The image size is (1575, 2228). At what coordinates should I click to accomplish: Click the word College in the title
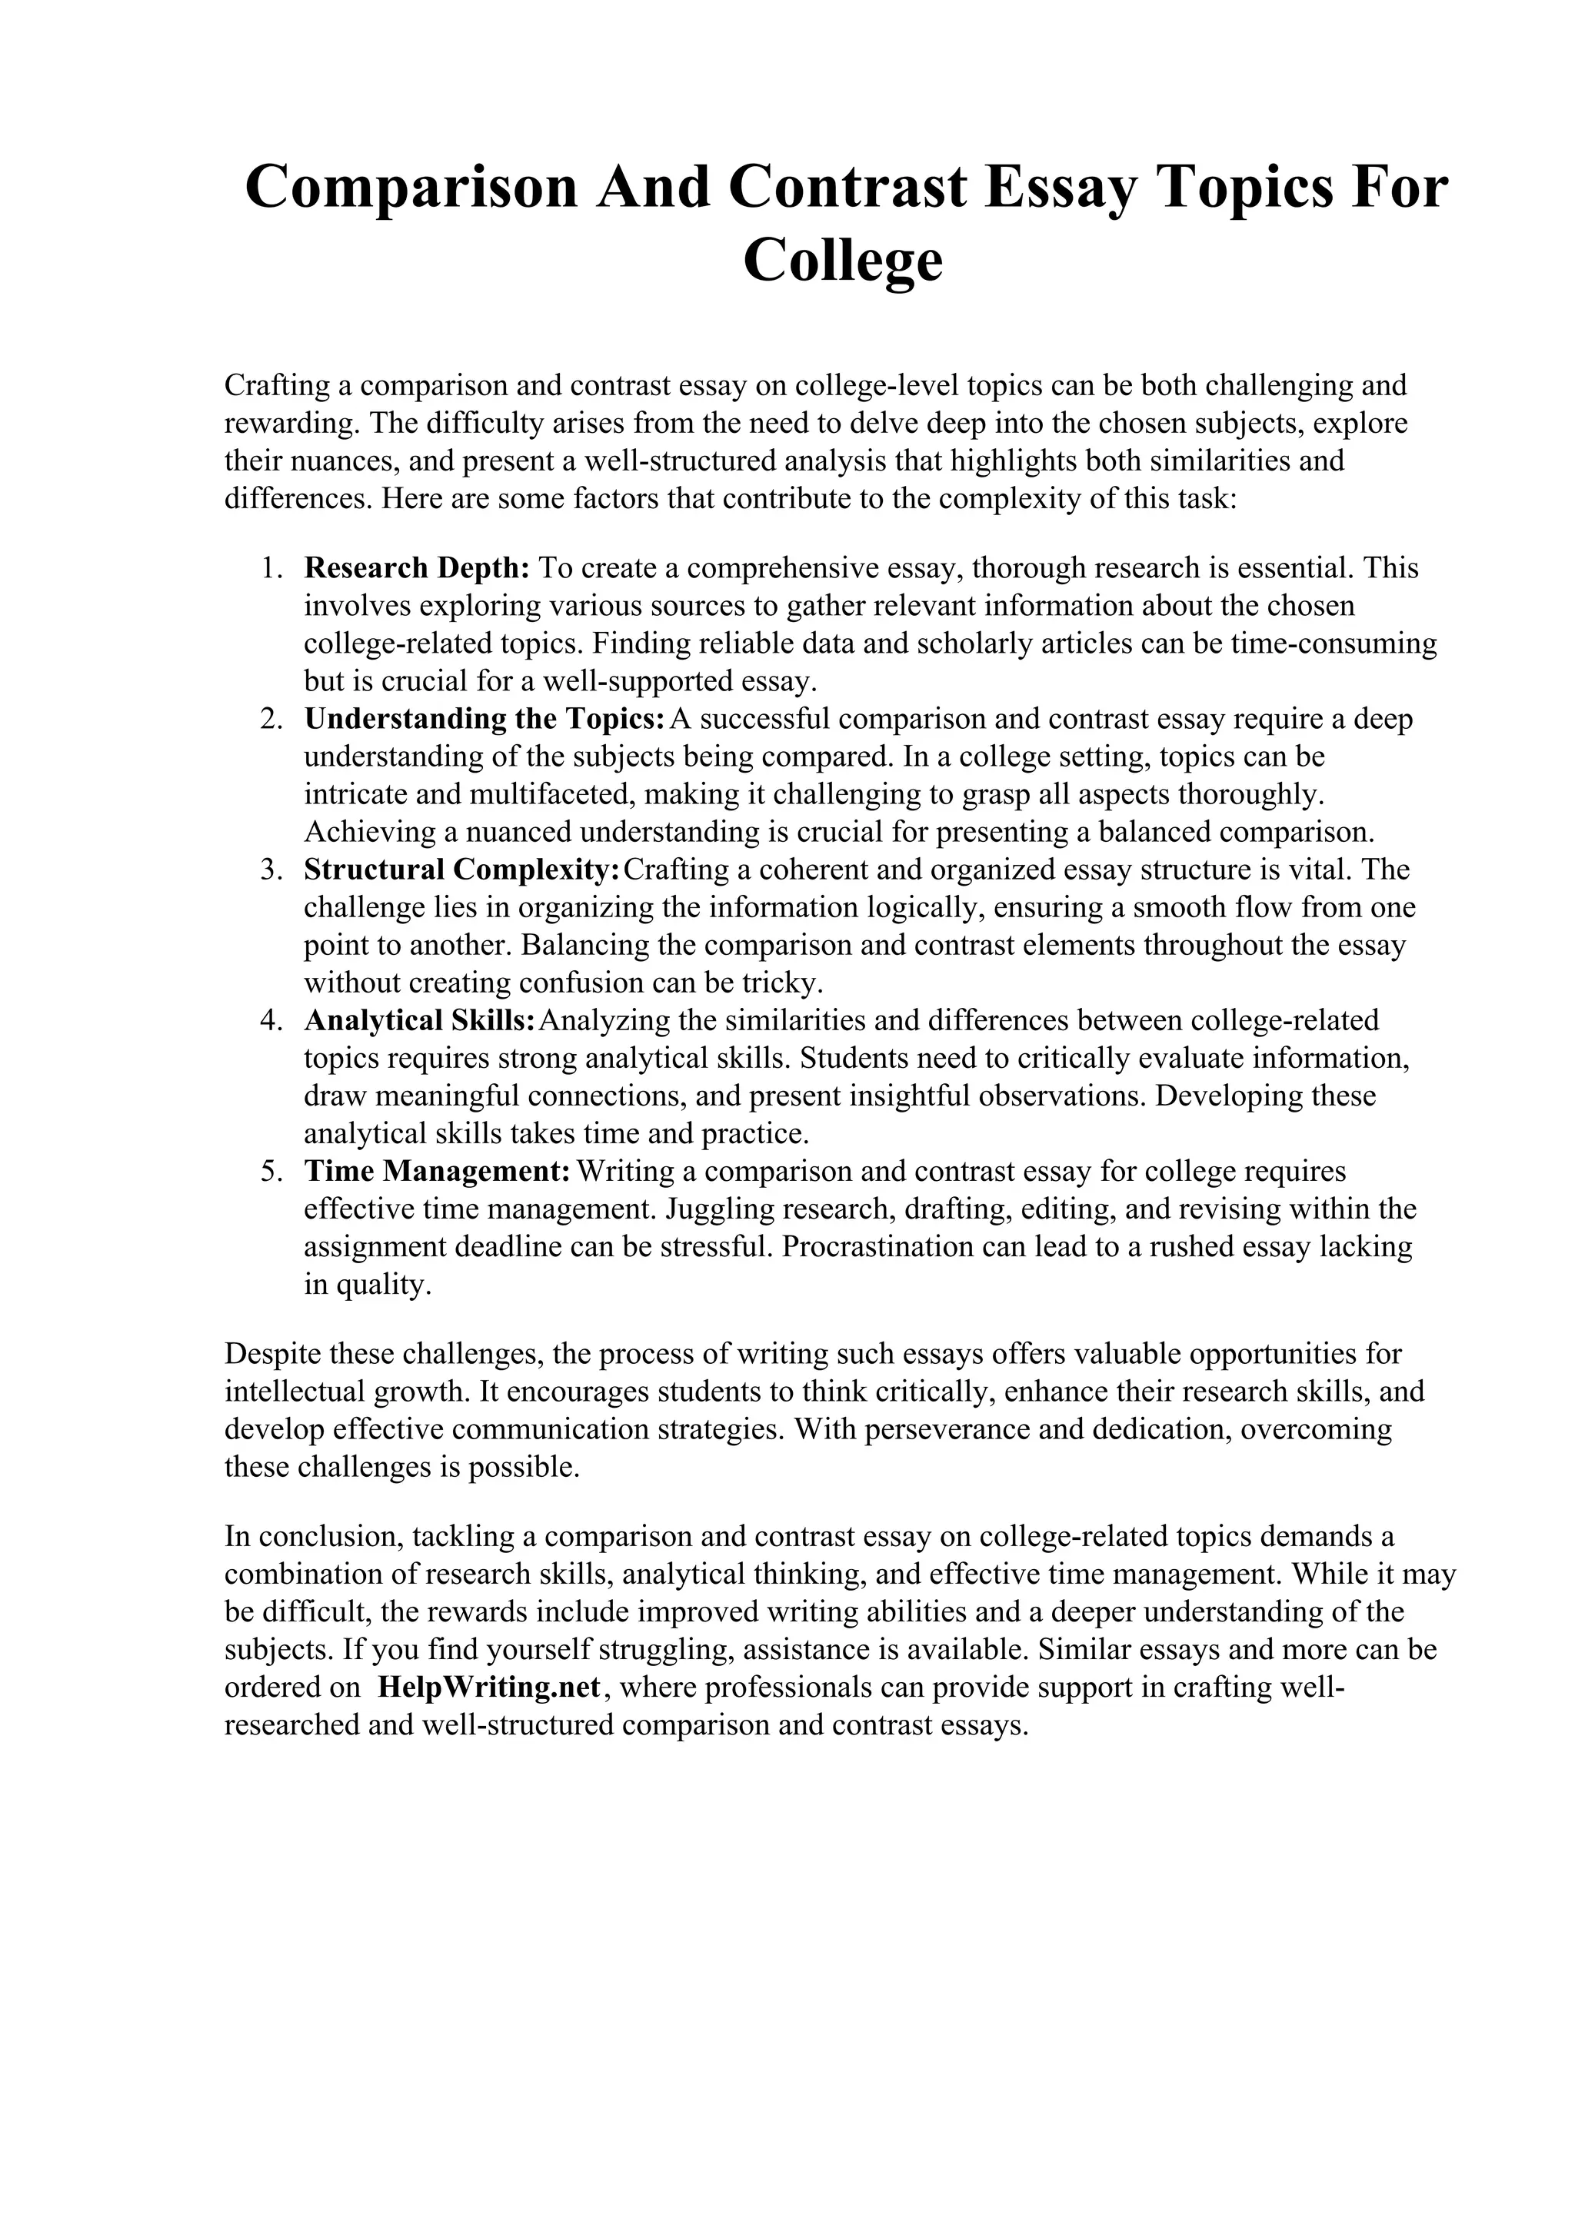click(x=842, y=260)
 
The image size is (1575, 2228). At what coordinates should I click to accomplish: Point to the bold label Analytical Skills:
click(x=419, y=1021)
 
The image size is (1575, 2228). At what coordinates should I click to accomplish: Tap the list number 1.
click(x=270, y=567)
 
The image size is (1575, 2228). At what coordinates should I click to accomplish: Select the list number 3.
click(x=270, y=870)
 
